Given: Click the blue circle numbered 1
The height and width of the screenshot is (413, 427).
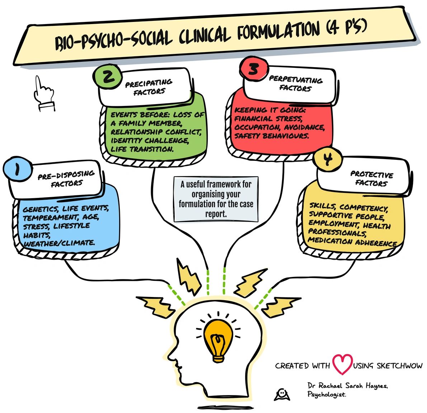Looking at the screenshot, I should (17, 169).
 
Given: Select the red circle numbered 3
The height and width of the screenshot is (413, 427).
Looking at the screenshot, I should (254, 69).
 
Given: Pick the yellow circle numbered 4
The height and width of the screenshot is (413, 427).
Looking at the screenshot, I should (327, 159).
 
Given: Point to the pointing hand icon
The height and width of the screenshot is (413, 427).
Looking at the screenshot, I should (43, 92).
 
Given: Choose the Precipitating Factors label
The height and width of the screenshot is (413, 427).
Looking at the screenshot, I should (149, 87).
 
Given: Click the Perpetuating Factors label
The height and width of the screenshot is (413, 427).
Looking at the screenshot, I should (295, 83).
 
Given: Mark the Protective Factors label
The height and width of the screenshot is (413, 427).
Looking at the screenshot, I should (372, 178).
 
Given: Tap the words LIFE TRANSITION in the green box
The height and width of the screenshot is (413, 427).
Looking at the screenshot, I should (142, 149).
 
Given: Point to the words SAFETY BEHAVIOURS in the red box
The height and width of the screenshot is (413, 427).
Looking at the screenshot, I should (271, 136).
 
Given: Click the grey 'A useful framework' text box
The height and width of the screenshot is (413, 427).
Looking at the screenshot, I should (216, 199).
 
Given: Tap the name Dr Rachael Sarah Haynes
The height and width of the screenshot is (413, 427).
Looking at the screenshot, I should (347, 386).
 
